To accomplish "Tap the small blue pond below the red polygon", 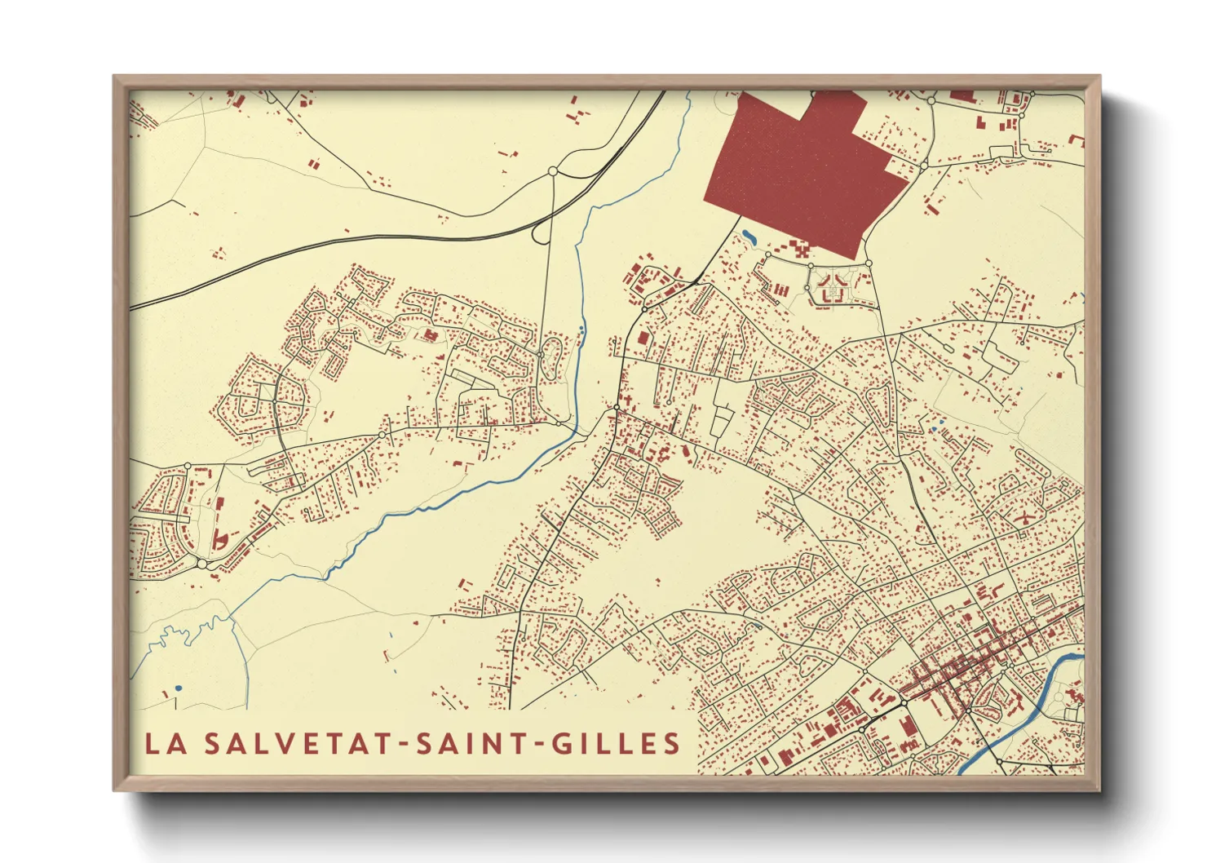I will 749,238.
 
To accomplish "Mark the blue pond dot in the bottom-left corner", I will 178,688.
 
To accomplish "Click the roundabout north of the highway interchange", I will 553,171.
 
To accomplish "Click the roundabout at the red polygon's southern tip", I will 869,263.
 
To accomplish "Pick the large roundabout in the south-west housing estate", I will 201,563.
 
